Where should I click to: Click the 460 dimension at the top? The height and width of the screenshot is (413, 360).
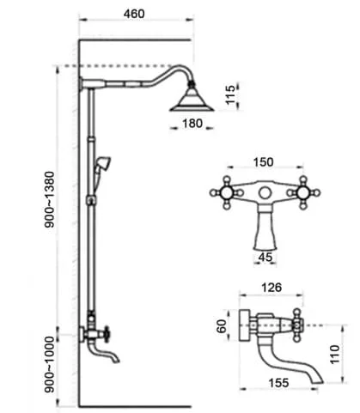[x=134, y=14]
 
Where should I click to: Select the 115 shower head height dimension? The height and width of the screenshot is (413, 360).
[x=230, y=95]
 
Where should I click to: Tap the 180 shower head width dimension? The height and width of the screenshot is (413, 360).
[x=192, y=124]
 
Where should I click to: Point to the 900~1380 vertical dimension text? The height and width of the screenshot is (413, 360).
[x=49, y=199]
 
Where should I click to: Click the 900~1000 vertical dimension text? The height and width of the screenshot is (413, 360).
[x=49, y=364]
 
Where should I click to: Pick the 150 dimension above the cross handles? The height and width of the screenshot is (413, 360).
[x=264, y=162]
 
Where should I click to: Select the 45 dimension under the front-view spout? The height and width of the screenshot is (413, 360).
[x=265, y=257]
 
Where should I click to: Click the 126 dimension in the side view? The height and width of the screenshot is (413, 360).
[x=272, y=287]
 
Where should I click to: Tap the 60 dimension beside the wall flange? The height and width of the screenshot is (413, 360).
[x=222, y=325]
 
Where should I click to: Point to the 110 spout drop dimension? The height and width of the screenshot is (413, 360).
[x=334, y=354]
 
